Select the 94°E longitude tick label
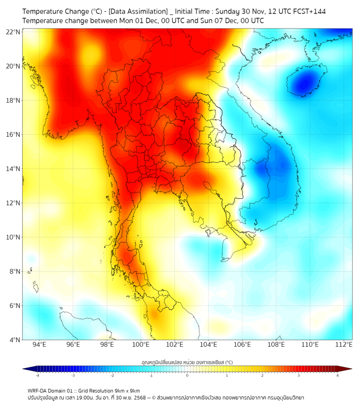coord(39,345)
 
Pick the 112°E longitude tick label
coord(344,345)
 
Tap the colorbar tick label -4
coord(37,375)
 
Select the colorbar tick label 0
coord(187,375)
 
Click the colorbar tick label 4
coord(338,375)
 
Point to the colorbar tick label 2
coord(263,375)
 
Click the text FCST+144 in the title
coord(307,11)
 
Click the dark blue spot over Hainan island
coord(305,83)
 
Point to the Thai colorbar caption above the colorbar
coord(187,362)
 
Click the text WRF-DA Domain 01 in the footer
coord(53,390)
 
